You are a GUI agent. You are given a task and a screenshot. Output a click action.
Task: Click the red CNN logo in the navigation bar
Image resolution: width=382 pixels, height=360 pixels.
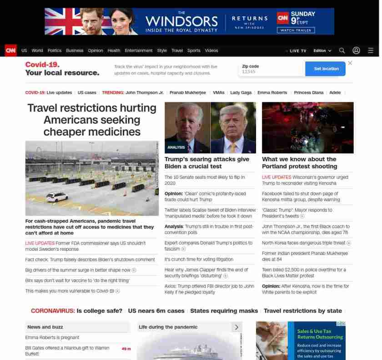11,51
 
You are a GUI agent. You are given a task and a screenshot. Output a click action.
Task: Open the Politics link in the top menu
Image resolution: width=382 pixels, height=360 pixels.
55,51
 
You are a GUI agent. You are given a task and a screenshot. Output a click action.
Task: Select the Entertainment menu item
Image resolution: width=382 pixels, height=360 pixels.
139,51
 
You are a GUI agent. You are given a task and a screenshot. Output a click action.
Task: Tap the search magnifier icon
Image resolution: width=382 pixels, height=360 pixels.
342,51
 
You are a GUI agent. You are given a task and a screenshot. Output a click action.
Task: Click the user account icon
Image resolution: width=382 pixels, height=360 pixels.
357,51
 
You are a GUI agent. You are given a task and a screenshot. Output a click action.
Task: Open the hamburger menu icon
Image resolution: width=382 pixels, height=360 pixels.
371,51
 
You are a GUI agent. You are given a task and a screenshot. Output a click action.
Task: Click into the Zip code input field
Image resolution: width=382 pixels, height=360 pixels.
271,71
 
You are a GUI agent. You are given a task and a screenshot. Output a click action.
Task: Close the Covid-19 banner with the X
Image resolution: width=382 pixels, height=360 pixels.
350,63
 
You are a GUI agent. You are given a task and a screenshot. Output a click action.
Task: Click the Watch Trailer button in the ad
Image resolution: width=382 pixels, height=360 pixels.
296,30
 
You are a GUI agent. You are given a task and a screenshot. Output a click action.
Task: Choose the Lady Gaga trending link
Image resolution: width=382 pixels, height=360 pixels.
241,92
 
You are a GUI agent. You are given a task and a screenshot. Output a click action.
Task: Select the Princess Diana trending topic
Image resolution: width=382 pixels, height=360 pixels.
309,92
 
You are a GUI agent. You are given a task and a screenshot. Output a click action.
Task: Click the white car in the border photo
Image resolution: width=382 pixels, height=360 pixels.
57,197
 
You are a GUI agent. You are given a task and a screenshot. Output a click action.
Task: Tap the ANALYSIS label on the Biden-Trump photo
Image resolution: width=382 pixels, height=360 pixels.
176,147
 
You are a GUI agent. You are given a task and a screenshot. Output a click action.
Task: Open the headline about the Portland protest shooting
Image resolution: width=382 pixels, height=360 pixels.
299,162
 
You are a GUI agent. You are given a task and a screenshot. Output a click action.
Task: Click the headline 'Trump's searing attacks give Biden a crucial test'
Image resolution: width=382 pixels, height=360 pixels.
207,162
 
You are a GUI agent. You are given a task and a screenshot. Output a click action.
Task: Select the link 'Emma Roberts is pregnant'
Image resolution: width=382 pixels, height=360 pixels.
52,337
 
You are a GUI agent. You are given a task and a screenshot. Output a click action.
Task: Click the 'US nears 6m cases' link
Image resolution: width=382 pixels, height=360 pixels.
156,311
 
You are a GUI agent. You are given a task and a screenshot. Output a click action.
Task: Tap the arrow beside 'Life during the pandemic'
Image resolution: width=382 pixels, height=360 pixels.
236,327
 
